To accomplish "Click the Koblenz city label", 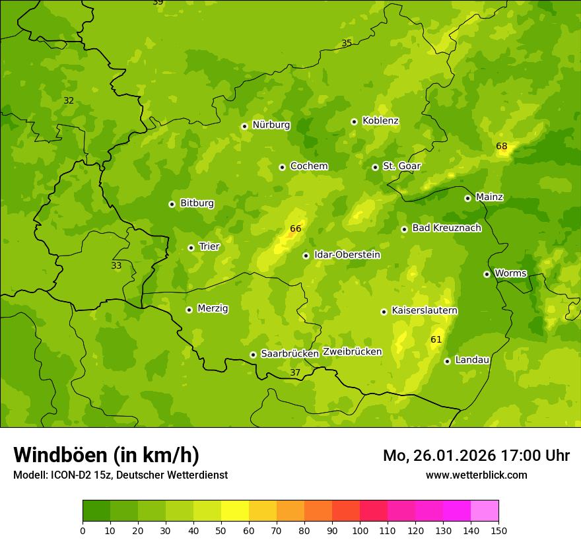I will [x=380, y=121].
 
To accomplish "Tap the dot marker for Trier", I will [x=191, y=248].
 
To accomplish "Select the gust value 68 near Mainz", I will [x=502, y=146].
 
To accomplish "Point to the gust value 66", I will [x=295, y=229].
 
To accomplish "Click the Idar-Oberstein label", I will [x=347, y=254].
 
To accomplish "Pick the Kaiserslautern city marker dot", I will [x=384, y=312].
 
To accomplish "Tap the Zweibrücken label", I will [x=352, y=351].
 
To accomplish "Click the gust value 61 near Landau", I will [x=436, y=339].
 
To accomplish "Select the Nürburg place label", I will [x=271, y=125].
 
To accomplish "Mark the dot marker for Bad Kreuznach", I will [x=404, y=229].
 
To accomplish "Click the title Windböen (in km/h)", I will [x=106, y=455].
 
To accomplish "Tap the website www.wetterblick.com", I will [x=476, y=475].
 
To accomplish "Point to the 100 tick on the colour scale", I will [x=360, y=530].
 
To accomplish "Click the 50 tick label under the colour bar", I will [x=221, y=530].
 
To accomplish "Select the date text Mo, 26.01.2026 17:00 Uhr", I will [x=476, y=456].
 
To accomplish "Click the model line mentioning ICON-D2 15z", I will [x=120, y=475].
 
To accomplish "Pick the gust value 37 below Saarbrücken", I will [x=295, y=372].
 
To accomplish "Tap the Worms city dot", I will [x=487, y=274].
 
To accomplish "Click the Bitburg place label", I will [x=197, y=203].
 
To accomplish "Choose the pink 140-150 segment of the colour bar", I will [x=484, y=511].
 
